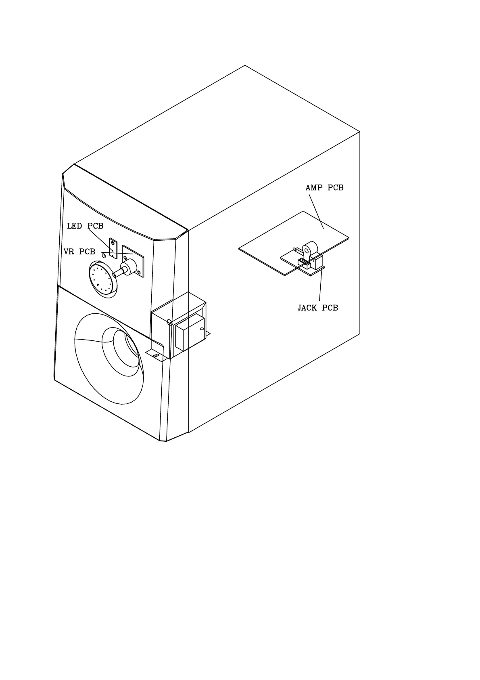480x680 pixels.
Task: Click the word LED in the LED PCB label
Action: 75,226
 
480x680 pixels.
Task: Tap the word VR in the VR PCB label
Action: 69,252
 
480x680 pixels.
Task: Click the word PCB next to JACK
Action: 330,308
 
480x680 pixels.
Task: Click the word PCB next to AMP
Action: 336,188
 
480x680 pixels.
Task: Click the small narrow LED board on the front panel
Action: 113,249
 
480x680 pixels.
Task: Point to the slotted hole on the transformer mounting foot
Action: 155,355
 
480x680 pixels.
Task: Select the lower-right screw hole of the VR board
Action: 140,273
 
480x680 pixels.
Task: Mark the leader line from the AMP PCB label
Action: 316,211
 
